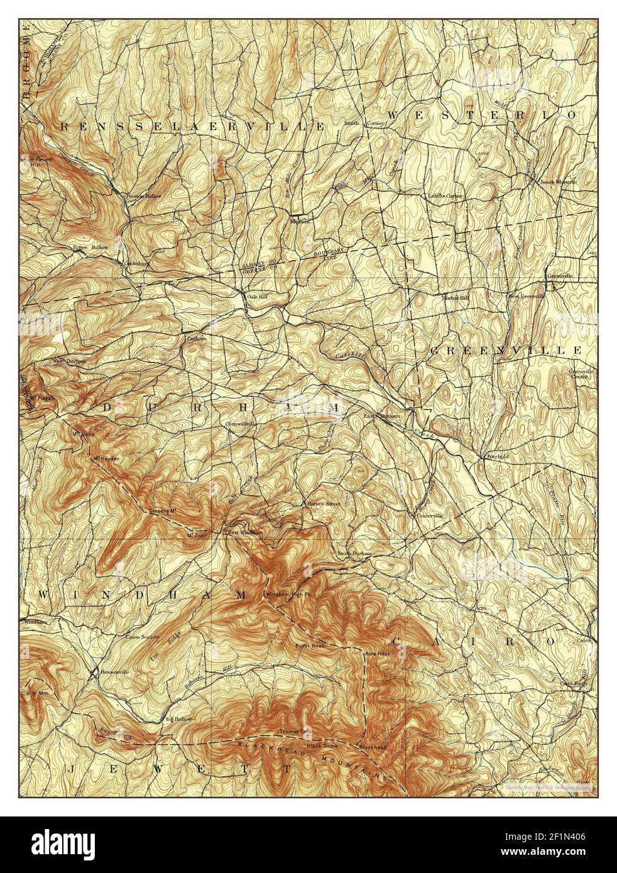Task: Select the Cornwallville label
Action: coord(241,424)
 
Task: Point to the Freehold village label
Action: coord(496,457)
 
